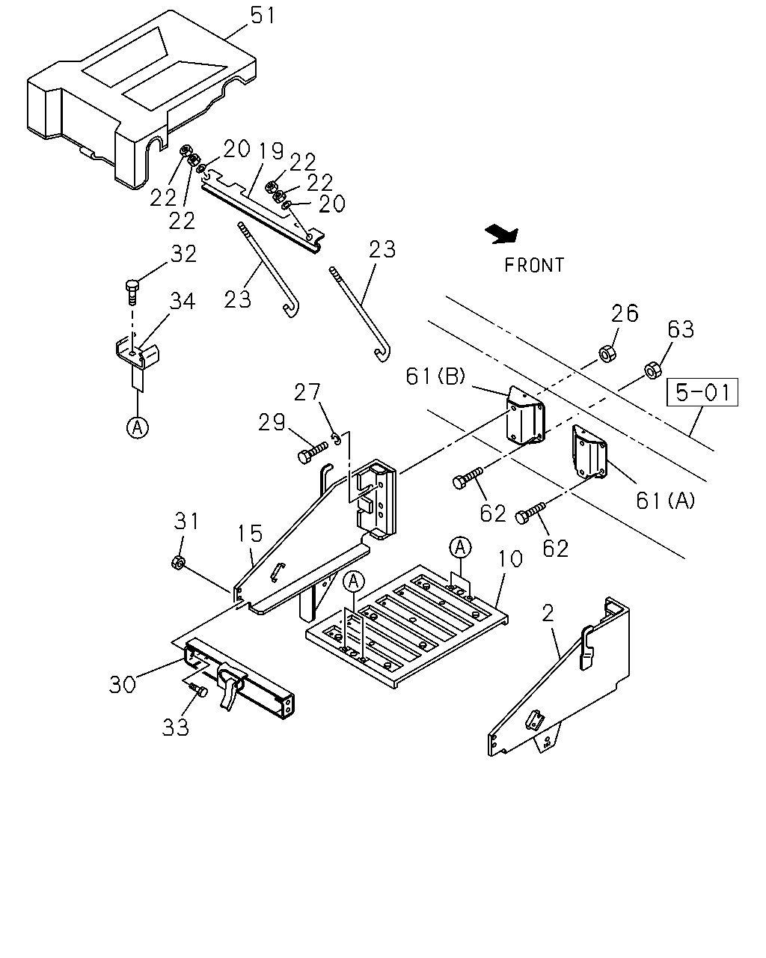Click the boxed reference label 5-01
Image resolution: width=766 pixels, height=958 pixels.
point(702,392)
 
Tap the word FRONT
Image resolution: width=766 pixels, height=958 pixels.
point(534,265)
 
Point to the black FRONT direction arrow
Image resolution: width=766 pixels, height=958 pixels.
point(502,234)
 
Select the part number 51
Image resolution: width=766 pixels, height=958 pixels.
point(263,16)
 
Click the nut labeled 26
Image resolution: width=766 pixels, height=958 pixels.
point(607,354)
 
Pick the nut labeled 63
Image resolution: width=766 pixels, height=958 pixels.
point(653,370)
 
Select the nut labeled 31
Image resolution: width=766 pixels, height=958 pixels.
point(178,562)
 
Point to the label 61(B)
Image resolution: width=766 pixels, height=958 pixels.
point(435,376)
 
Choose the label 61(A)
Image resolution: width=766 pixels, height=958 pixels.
point(666,501)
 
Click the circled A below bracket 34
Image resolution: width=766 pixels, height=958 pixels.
point(138,427)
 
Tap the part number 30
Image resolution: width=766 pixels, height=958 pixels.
point(123,684)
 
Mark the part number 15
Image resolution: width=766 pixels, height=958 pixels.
point(250,533)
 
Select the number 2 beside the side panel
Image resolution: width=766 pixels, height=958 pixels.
point(548,614)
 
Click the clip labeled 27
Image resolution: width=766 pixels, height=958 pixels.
point(337,439)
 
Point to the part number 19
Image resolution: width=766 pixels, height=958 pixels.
point(271,151)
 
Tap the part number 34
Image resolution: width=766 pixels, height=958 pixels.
point(182,301)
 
